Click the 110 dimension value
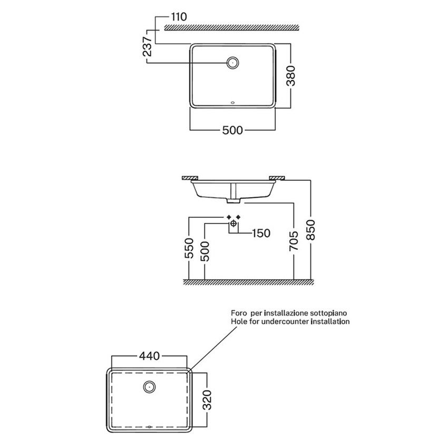(x=179, y=17)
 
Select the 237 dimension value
(x=148, y=46)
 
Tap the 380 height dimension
(x=291, y=76)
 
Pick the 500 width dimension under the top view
(x=232, y=130)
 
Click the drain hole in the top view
(x=232, y=63)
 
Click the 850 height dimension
(x=310, y=230)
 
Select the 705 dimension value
(x=294, y=241)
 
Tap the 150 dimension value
(x=261, y=233)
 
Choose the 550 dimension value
(x=189, y=248)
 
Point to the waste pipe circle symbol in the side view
(x=233, y=223)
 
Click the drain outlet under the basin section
(x=233, y=201)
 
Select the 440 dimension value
(x=149, y=356)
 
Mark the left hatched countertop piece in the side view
(x=190, y=178)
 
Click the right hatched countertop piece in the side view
(x=277, y=178)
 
